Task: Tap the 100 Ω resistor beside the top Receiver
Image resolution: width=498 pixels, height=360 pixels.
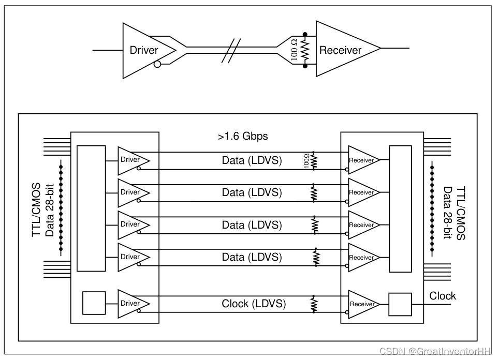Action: [x=305, y=51]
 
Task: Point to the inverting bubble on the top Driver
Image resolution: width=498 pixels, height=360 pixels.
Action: [x=157, y=65]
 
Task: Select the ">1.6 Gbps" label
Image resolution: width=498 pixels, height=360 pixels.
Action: [x=243, y=137]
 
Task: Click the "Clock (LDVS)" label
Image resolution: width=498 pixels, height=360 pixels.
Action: [x=254, y=304]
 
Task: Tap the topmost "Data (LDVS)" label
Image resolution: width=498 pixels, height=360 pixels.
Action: [x=252, y=160]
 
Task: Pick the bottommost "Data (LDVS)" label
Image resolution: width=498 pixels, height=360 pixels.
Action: [x=252, y=257]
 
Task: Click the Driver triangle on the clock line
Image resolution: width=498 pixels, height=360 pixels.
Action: [x=130, y=303]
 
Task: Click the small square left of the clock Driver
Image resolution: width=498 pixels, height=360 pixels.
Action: [x=94, y=303]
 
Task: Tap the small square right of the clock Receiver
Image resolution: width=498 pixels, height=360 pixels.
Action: [x=400, y=304]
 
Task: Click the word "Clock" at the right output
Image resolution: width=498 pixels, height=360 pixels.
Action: [x=443, y=296]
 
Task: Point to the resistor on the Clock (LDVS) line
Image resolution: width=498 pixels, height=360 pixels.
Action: [x=314, y=304]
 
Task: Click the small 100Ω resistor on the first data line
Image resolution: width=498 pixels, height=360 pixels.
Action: [x=314, y=160]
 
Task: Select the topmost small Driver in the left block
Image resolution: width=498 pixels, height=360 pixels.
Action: [x=130, y=160]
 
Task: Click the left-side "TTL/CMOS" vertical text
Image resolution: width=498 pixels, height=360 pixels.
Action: [x=37, y=209]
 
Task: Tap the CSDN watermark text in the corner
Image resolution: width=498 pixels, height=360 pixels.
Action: [x=435, y=352]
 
